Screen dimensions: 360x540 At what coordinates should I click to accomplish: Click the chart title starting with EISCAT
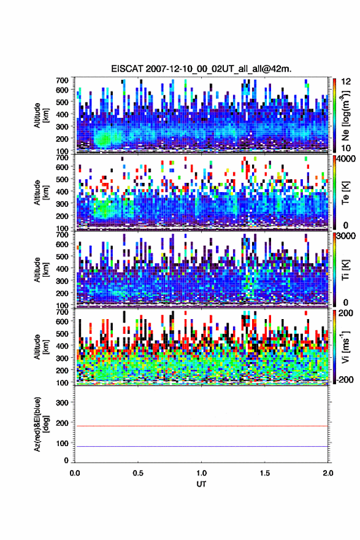pos(201,69)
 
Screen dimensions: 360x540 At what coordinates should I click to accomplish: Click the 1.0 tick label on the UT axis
pos(202,473)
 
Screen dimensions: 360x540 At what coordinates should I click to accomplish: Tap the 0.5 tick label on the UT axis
pos(138,473)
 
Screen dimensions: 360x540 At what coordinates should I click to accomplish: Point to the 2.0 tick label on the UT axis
pos(328,473)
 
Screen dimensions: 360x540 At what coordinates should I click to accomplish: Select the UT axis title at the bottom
pos(201,484)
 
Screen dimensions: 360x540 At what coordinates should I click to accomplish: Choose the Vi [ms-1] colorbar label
pos(345,347)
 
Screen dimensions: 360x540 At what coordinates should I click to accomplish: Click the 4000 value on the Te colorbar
pos(347,159)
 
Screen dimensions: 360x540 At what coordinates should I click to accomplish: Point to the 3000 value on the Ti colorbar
pos(347,236)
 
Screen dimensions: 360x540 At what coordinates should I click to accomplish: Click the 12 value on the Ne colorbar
pos(347,82)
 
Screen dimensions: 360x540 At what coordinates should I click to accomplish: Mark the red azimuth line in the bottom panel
pos(201,426)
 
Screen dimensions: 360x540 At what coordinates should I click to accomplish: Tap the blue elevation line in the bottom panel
pos(201,446)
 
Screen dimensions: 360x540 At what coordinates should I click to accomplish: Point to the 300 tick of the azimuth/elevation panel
pos(63,403)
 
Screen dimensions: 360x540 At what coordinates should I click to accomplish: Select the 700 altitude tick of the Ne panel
pos(62,80)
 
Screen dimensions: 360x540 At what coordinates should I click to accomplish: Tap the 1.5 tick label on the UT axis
pos(265,473)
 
